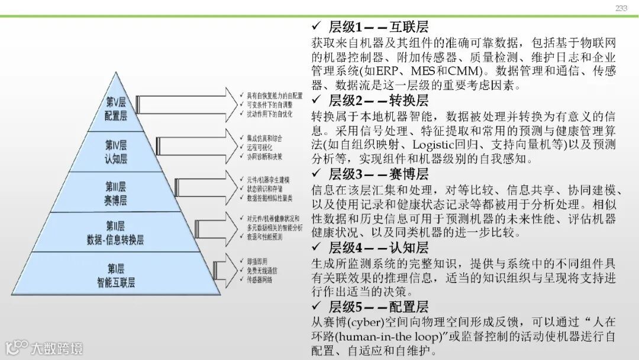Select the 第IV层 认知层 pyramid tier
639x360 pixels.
(x=116, y=152)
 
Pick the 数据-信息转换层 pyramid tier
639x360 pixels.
(x=116, y=233)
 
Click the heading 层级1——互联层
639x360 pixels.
(x=378, y=27)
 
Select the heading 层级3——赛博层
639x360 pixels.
(x=378, y=174)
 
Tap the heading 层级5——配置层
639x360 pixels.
(x=378, y=307)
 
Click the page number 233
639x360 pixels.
(x=621, y=8)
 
